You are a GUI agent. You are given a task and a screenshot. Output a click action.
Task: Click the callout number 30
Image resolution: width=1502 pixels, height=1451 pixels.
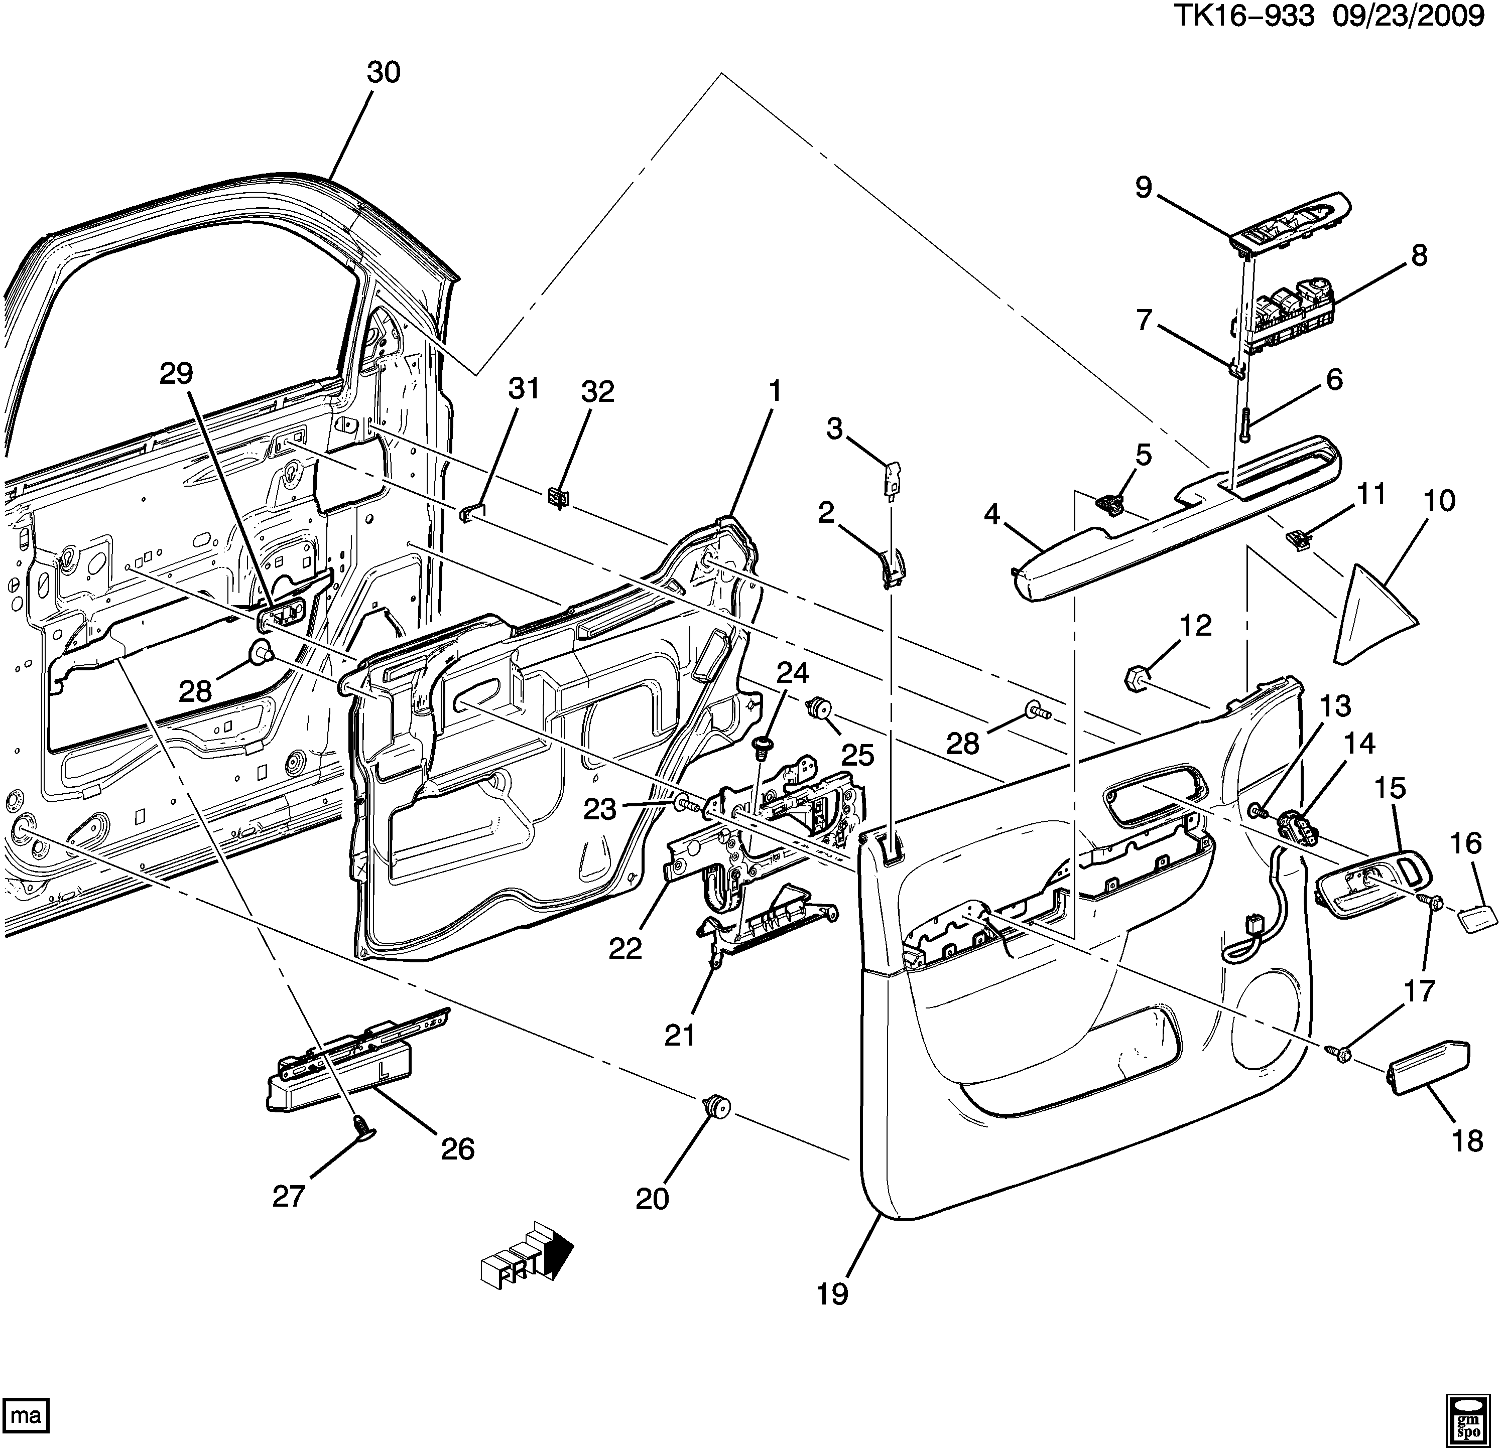coord(383,73)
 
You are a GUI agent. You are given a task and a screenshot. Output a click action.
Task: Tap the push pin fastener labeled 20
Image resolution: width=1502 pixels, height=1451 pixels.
coord(716,1106)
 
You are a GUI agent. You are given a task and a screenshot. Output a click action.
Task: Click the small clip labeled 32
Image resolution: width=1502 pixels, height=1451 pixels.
coord(559,498)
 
